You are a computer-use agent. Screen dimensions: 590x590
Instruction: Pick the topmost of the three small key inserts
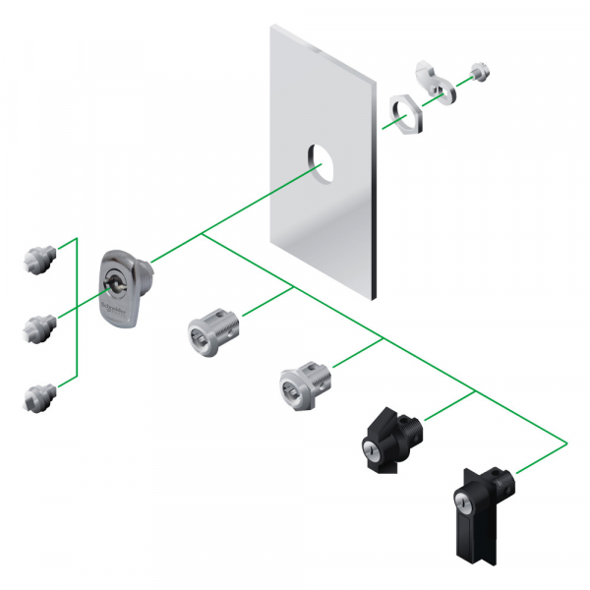pos(36,261)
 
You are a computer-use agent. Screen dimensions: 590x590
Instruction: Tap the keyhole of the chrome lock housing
pos(111,286)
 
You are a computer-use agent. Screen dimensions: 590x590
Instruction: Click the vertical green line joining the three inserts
pos(77,315)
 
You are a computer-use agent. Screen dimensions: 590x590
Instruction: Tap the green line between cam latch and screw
pos(462,78)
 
